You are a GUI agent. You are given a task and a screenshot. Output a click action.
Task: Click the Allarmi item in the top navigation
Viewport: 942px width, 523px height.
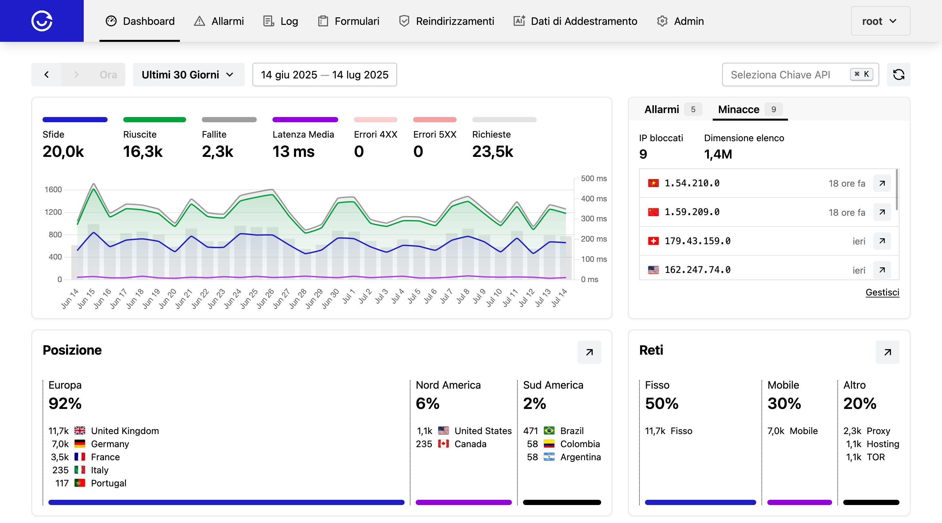click(x=219, y=21)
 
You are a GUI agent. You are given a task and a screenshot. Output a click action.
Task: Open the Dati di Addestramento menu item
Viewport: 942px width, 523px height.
click(x=575, y=21)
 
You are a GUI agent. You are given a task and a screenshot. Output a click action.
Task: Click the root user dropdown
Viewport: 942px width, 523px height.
click(x=880, y=21)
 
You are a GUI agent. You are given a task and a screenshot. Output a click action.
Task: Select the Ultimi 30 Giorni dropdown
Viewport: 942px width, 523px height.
click(x=188, y=75)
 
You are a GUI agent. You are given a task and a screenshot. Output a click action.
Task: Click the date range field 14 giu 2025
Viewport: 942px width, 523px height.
click(x=324, y=75)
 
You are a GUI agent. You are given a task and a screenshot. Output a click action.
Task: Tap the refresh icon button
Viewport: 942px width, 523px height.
click(x=898, y=75)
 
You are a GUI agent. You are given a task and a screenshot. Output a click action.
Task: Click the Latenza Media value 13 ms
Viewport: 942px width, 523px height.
click(x=293, y=151)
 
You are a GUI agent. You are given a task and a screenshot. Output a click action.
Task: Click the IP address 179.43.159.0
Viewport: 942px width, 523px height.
click(x=697, y=241)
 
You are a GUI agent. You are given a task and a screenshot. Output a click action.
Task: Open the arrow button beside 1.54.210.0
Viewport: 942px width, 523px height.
click(x=882, y=183)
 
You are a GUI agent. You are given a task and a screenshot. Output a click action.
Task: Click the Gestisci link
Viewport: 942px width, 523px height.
click(x=882, y=292)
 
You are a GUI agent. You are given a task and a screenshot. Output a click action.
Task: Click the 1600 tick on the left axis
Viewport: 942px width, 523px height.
click(x=53, y=189)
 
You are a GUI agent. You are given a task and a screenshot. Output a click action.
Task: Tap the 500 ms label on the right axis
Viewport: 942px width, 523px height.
click(x=594, y=178)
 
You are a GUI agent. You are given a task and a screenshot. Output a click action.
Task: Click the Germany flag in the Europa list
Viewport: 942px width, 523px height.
click(x=80, y=444)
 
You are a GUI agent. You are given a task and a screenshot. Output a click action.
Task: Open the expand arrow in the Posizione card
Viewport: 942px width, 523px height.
click(x=589, y=352)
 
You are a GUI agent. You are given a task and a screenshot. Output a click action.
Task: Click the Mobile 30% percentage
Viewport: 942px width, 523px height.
click(x=784, y=403)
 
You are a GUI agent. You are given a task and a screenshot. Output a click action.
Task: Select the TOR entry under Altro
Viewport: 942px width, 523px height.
click(x=876, y=457)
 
